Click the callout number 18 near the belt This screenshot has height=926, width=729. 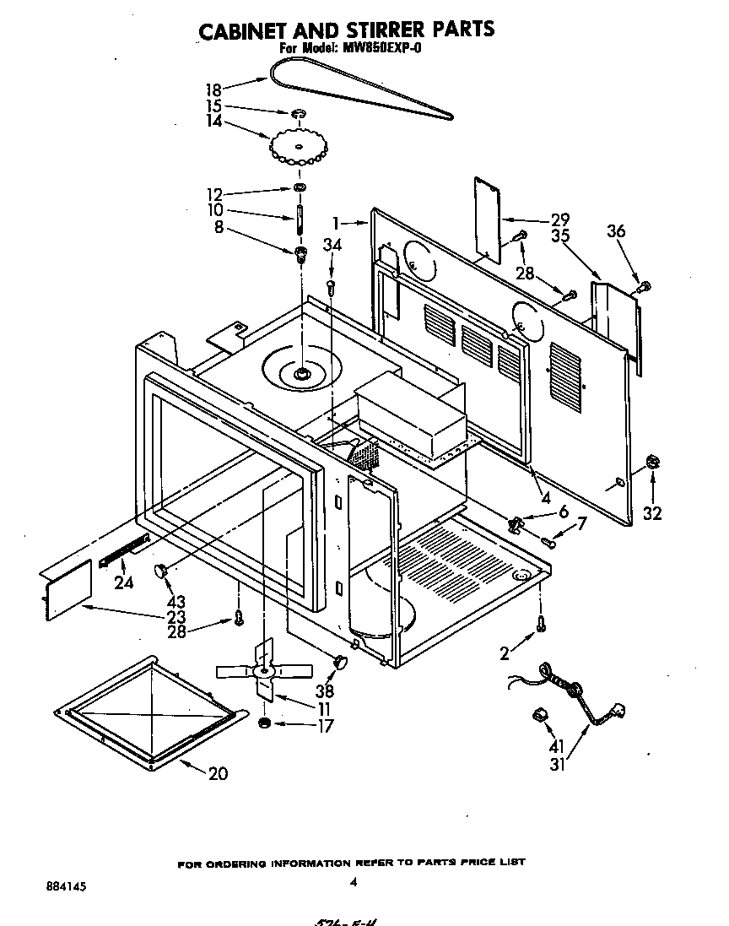[x=216, y=88]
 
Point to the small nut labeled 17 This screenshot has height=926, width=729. [x=264, y=724]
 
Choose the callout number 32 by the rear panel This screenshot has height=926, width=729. [x=652, y=512]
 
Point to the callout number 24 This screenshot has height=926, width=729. [x=123, y=582]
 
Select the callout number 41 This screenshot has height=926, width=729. [x=555, y=746]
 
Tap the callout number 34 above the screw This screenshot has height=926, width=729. [x=332, y=245]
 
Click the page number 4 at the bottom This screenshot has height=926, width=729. [x=353, y=883]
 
